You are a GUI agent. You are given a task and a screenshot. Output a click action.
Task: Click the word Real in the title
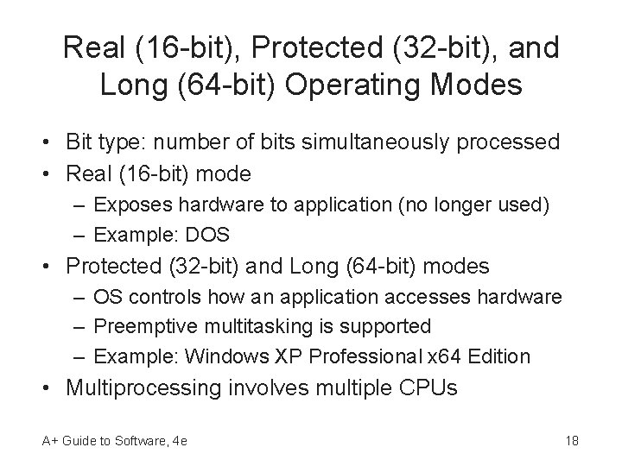pos(96,48)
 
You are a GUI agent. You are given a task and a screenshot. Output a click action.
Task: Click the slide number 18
pos(571,442)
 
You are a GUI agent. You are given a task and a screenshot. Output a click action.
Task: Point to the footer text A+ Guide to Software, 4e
pos(115,442)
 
